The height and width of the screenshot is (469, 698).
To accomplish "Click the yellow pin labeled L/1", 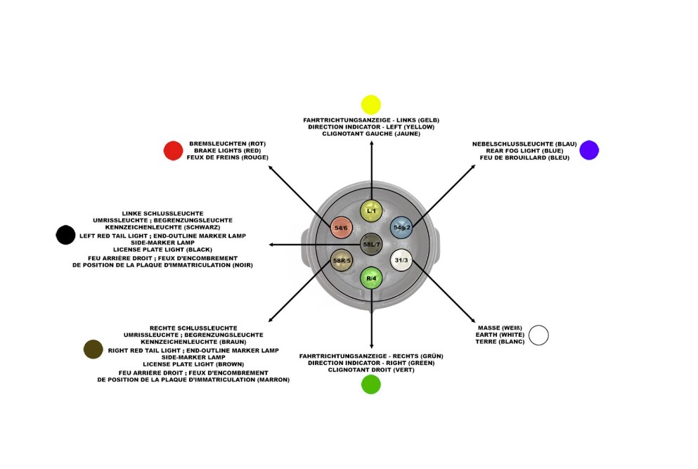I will (x=371, y=210).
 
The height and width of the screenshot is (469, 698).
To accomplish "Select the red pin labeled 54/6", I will (x=341, y=228).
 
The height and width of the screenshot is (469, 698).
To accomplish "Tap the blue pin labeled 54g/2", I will (x=401, y=227).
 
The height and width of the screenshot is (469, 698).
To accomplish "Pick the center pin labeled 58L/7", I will (x=371, y=244).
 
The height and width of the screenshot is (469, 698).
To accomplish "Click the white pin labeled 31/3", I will (x=401, y=260).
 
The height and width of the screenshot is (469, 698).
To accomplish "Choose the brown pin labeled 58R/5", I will (x=342, y=260).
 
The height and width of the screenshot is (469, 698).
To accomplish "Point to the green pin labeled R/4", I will (x=371, y=278).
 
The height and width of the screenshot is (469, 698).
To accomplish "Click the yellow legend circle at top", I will (x=370, y=105).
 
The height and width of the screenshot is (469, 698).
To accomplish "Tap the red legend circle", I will (x=173, y=150).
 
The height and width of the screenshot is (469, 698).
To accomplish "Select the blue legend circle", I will (x=589, y=150).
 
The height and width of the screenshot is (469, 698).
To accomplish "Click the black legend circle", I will (x=65, y=235).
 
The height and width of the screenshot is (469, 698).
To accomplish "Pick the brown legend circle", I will (x=93, y=349).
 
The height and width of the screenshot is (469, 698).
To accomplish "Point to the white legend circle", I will (x=538, y=335).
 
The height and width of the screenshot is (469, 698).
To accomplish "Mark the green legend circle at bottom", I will (x=370, y=385).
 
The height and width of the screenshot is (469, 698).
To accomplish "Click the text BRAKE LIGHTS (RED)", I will (x=227, y=150).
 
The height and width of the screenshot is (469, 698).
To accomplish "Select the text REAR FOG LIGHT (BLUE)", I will (x=524, y=150).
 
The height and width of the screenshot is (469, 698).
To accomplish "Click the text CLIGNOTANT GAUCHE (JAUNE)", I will (x=371, y=134).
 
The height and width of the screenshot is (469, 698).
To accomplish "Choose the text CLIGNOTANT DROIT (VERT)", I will (x=371, y=370).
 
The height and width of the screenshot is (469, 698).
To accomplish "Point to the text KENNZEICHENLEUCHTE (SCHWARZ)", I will (x=162, y=227).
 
